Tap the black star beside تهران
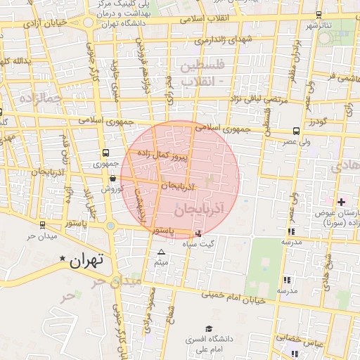point(63,259)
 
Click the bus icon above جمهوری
point(105,153)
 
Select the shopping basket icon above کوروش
point(112,179)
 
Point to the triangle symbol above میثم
point(162,252)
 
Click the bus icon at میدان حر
point(44,225)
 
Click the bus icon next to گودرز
point(296,130)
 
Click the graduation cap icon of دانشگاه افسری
point(209,328)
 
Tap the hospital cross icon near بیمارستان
point(341,202)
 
